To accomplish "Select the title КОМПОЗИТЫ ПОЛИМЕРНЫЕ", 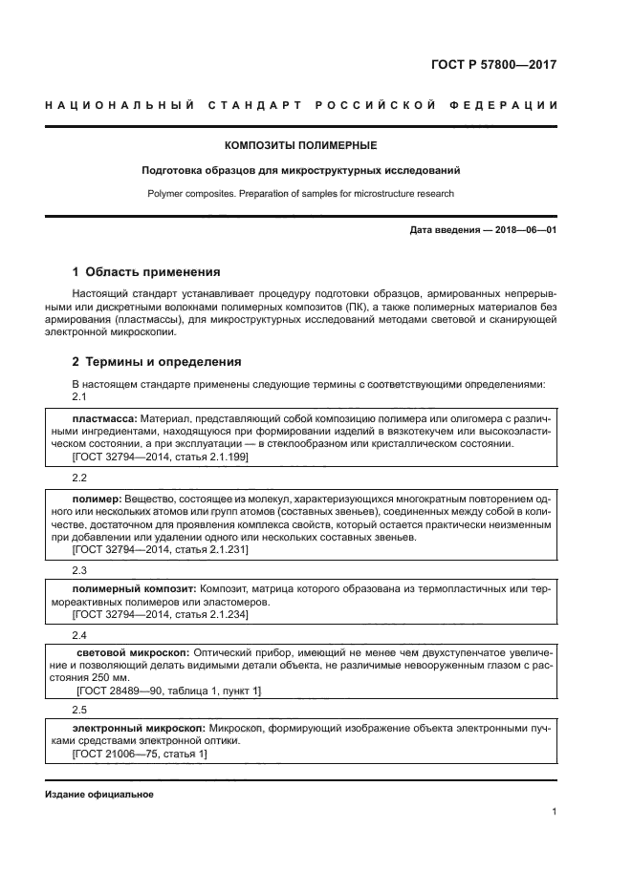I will pos(300,146).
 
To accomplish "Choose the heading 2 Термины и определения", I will pos(157,362).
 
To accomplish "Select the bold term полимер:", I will pos(96,499).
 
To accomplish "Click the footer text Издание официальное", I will pos(98,795).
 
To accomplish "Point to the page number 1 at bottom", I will pos(555,812).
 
